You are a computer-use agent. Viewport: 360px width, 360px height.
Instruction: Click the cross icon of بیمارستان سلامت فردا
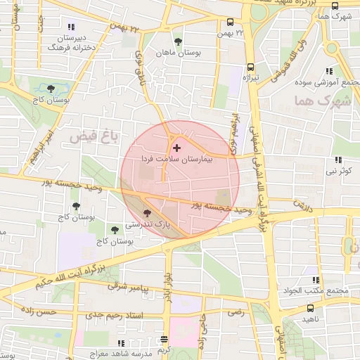[176, 148]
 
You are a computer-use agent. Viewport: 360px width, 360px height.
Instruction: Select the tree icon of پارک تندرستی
[146, 213]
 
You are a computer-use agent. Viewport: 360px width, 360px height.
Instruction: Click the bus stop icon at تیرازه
[250, 67]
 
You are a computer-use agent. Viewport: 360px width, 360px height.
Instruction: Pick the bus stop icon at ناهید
[310, 307]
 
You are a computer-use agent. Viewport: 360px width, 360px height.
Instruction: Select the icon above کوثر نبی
[339, 160]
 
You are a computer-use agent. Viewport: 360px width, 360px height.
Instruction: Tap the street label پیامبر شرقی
[128, 286]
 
